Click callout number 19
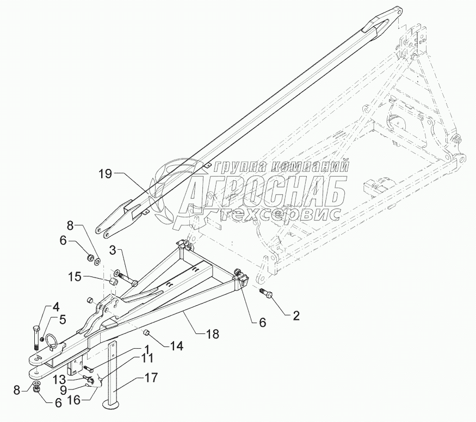point(106,174)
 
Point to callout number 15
point(76,277)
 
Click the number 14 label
point(177,345)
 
